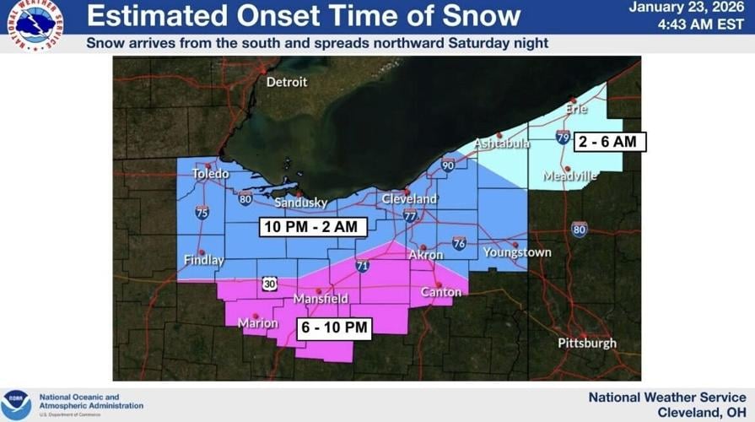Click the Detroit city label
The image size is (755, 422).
pos(287,82)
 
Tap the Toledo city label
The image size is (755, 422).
pos(210,174)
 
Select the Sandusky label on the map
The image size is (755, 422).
pos(301,203)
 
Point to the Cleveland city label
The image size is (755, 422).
pos(409,199)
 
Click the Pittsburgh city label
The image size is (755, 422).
pos(587,344)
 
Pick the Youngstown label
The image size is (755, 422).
pos(517,252)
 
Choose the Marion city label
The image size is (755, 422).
pos(258,323)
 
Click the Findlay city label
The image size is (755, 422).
pos(204,261)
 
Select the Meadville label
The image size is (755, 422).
pos(570,176)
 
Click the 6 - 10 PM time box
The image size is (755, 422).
pos(334,327)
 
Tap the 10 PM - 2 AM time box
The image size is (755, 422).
pos(312,226)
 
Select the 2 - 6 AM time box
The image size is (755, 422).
pos(611,142)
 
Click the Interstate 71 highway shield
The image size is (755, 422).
pos(363,265)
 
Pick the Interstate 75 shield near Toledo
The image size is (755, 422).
pos(202,214)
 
